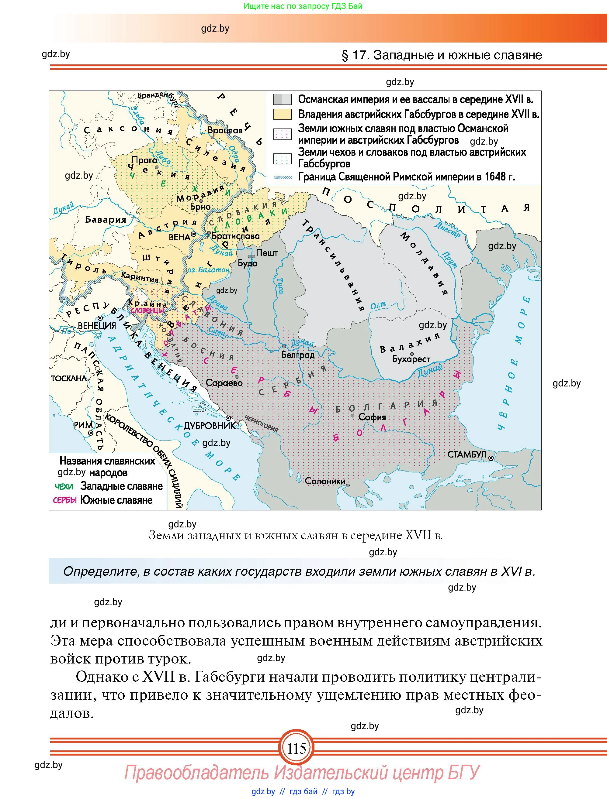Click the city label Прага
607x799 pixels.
144,160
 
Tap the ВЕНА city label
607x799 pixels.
179,237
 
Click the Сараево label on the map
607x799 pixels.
224,382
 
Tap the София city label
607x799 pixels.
372,417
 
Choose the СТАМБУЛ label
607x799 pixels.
467,454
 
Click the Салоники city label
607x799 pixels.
325,481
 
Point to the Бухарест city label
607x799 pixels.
411,359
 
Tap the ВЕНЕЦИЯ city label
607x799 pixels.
97,325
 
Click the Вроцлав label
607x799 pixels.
225,130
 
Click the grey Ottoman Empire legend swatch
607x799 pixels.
282,99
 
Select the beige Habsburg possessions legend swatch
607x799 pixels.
282,114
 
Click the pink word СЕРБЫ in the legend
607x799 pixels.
65,500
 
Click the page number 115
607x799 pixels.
297,749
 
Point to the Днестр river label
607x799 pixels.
447,230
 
